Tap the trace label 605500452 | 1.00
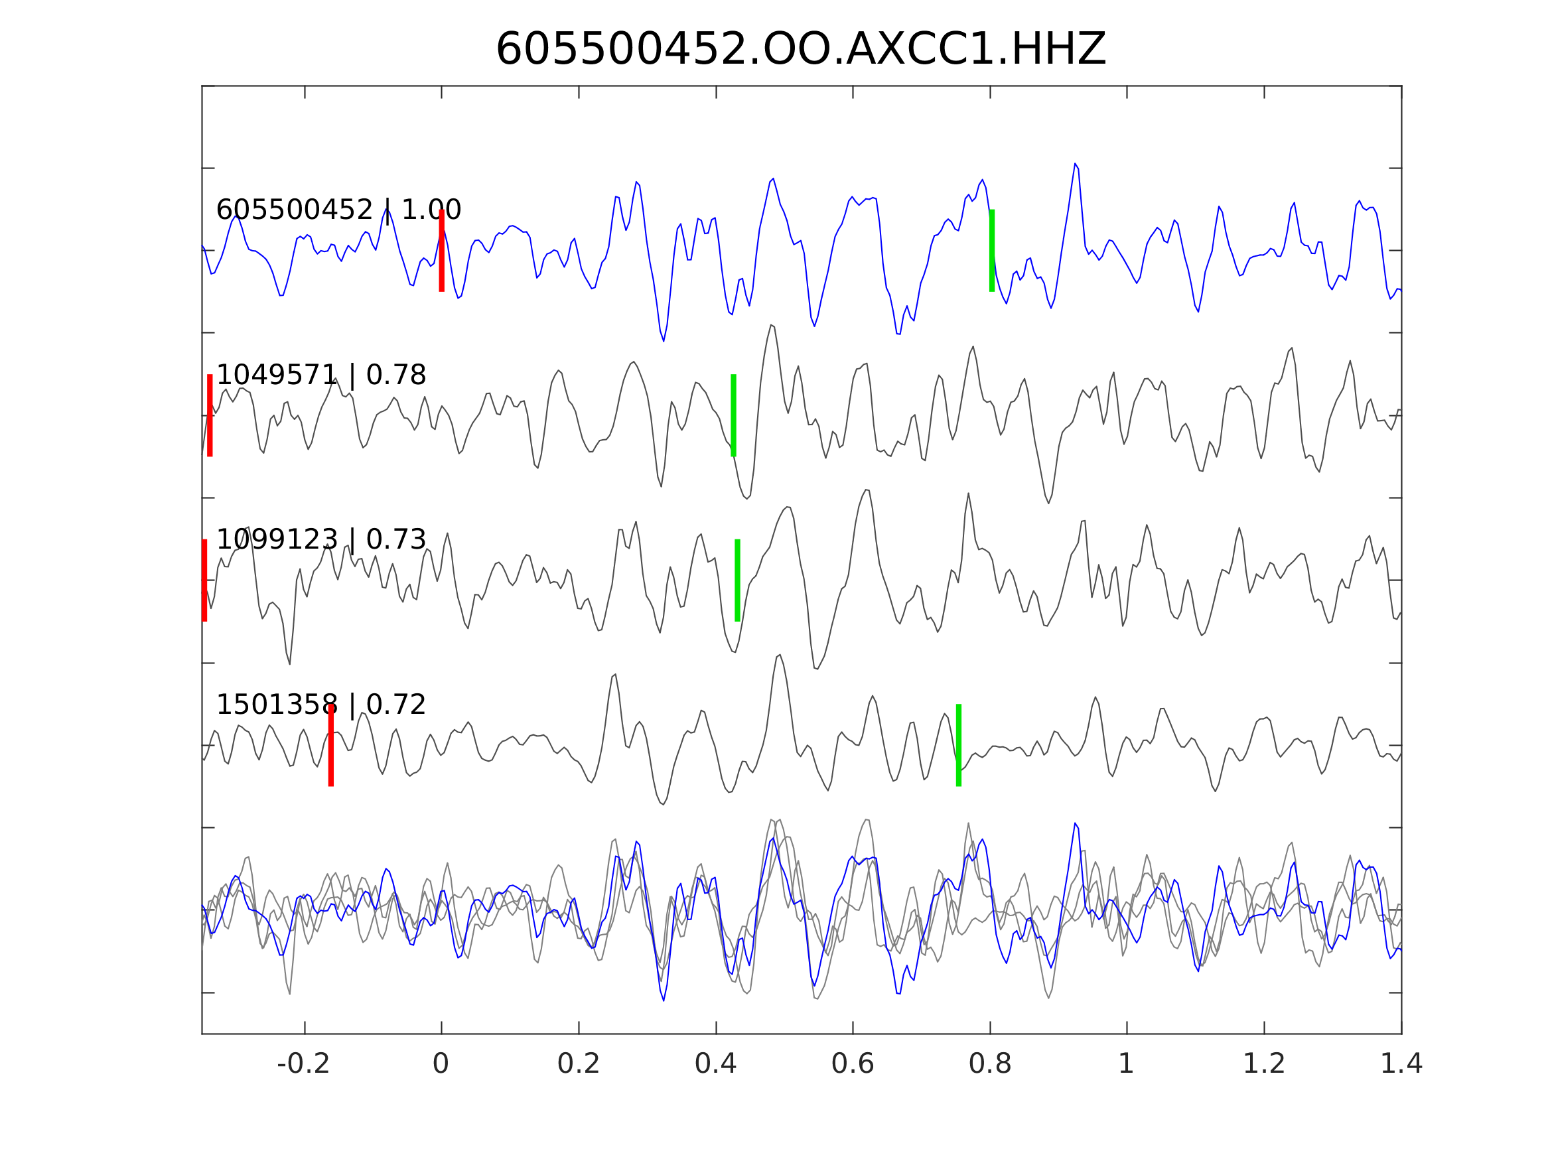point(338,210)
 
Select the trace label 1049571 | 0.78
point(320,375)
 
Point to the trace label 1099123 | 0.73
point(320,539)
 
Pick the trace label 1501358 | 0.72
point(320,705)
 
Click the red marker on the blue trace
point(442,251)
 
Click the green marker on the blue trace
point(992,251)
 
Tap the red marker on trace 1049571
point(210,416)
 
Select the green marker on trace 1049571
point(733,416)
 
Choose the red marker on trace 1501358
point(331,745)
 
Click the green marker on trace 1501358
point(959,745)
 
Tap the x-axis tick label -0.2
point(303,1064)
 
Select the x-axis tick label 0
point(441,1064)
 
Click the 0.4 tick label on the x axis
point(715,1064)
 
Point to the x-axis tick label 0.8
point(989,1064)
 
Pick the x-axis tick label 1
point(1126,1064)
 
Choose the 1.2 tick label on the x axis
point(1264,1064)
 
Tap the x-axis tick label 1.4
point(1401,1064)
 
